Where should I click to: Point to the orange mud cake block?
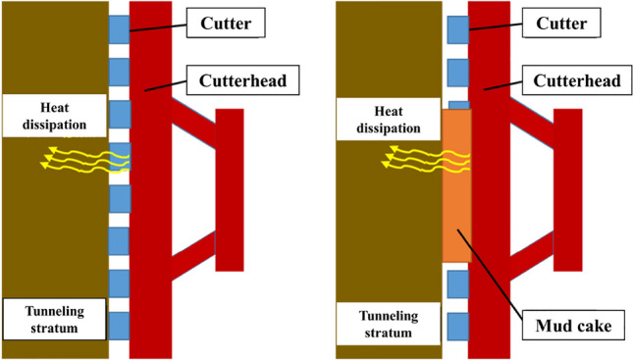456,186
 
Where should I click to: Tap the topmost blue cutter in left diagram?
118,28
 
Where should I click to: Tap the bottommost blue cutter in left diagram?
118,325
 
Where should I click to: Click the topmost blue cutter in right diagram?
456,28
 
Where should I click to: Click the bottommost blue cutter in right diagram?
456,325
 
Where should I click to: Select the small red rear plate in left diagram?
229,189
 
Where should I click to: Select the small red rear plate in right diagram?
567,189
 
